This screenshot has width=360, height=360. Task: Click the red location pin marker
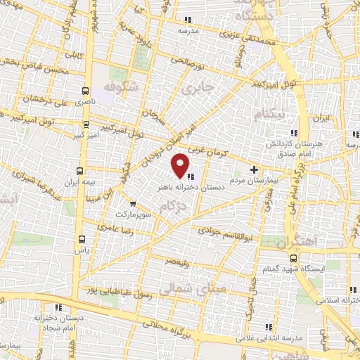coord(180,165)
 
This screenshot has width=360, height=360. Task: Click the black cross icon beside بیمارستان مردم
coord(255,169)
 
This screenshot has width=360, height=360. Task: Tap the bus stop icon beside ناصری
coord(86,91)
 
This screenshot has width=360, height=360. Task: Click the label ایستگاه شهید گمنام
coord(313,269)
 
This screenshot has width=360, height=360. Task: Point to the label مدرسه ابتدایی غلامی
coord(283,335)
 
